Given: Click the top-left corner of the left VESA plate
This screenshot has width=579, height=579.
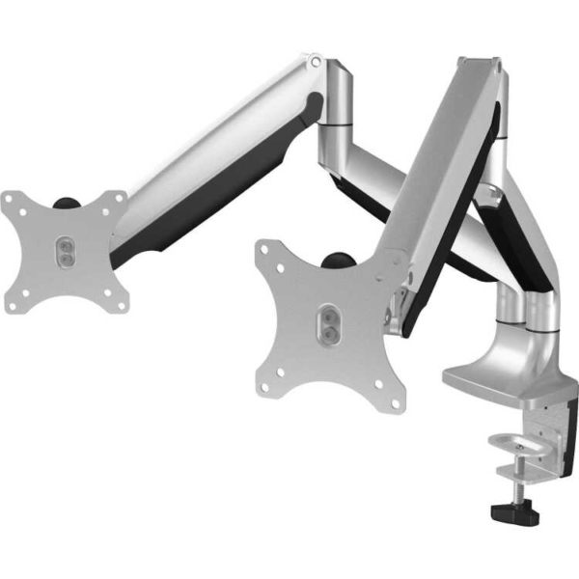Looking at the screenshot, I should [x=10, y=200].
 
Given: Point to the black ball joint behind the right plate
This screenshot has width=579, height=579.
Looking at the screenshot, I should [x=339, y=262].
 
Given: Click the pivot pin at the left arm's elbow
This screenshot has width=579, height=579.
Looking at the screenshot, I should [x=314, y=63].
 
